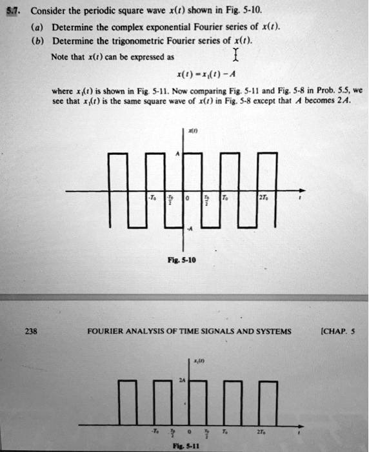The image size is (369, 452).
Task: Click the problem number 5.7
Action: coord(12,12)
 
